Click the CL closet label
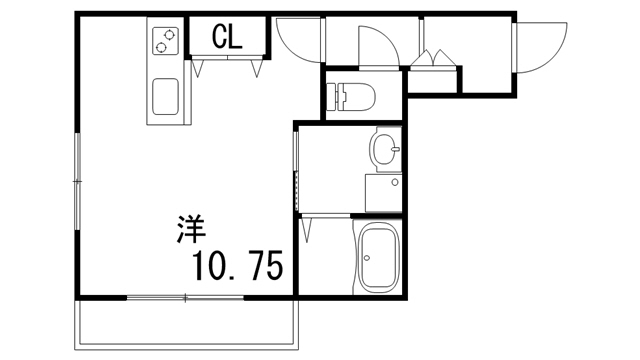(228, 38)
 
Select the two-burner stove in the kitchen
(165, 42)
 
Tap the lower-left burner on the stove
(160, 47)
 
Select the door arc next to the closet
(298, 41)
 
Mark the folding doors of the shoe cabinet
(434, 58)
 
